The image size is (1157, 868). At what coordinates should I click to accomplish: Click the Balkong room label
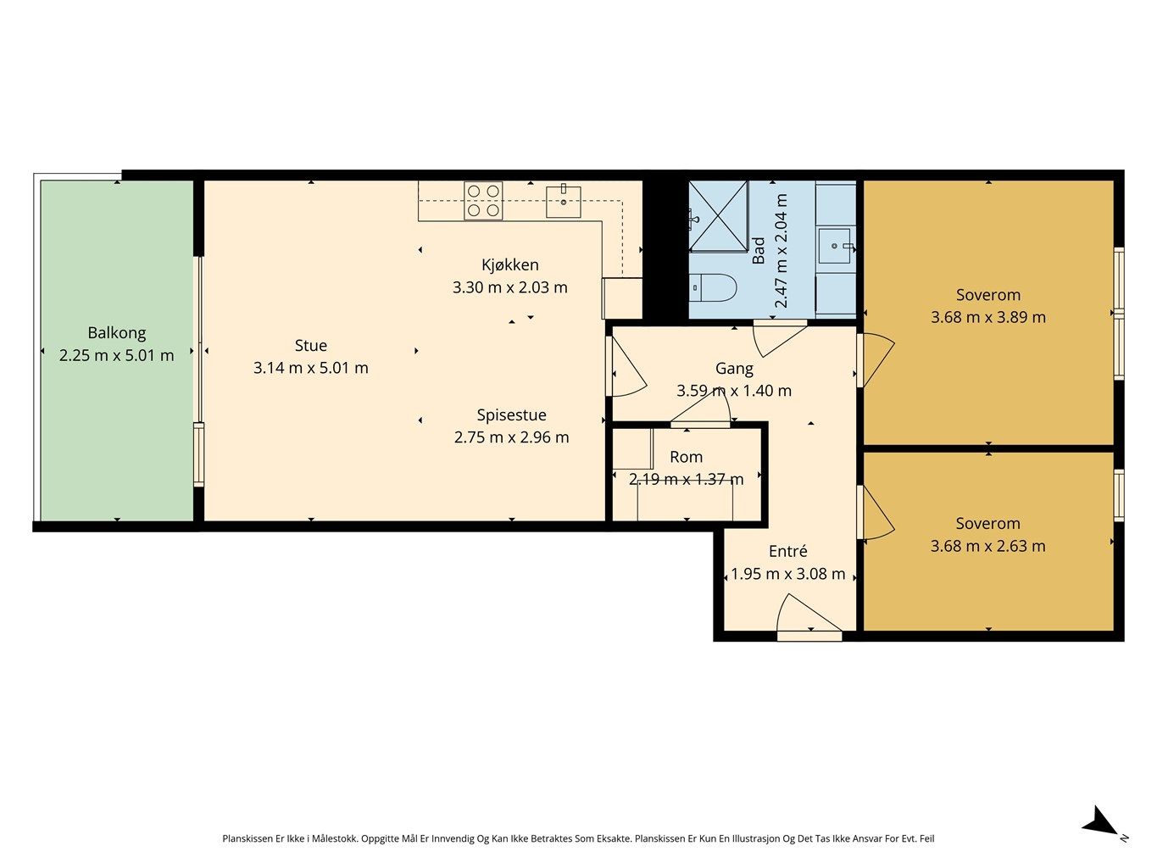pos(116,333)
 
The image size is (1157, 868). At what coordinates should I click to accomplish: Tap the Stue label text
pos(310,345)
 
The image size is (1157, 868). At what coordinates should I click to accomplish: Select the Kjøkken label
pos(509,264)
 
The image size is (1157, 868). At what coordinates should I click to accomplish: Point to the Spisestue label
pos(511,415)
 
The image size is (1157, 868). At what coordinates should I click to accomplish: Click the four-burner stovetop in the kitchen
pos(483,200)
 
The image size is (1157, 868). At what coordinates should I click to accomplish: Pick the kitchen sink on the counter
pos(563,201)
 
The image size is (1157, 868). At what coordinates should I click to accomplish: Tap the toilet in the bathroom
pos(713,287)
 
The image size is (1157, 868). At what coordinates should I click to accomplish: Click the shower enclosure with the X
pos(719,216)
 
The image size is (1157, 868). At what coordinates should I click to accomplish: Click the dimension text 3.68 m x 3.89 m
pos(987,317)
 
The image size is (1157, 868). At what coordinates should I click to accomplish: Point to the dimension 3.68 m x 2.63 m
pos(987,546)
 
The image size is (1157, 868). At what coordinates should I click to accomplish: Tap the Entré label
pos(787,551)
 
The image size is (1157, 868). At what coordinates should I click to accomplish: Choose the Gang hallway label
pos(734,369)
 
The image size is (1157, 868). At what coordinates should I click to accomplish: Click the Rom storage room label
pos(686,457)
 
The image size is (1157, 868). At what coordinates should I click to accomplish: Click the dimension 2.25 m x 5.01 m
pos(116,356)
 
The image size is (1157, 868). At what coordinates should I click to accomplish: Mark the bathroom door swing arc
pos(779,338)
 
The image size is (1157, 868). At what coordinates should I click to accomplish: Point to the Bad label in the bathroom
pos(758,251)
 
